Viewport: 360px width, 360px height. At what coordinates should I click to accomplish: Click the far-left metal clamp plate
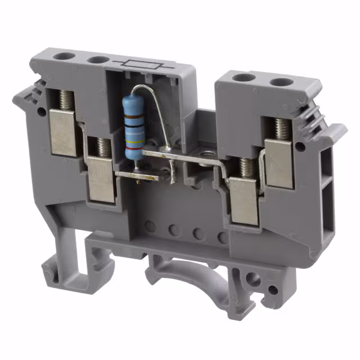click(62, 132)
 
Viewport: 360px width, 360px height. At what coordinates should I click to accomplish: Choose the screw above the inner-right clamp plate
click(246, 167)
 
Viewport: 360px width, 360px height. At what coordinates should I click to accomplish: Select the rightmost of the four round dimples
click(223, 236)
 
